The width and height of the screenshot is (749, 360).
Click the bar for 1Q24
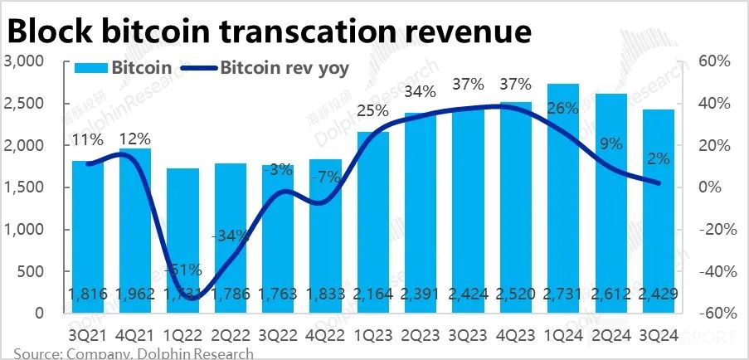[563, 199]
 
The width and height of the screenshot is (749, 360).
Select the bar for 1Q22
[183, 241]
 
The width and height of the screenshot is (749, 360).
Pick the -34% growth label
[230, 235]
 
